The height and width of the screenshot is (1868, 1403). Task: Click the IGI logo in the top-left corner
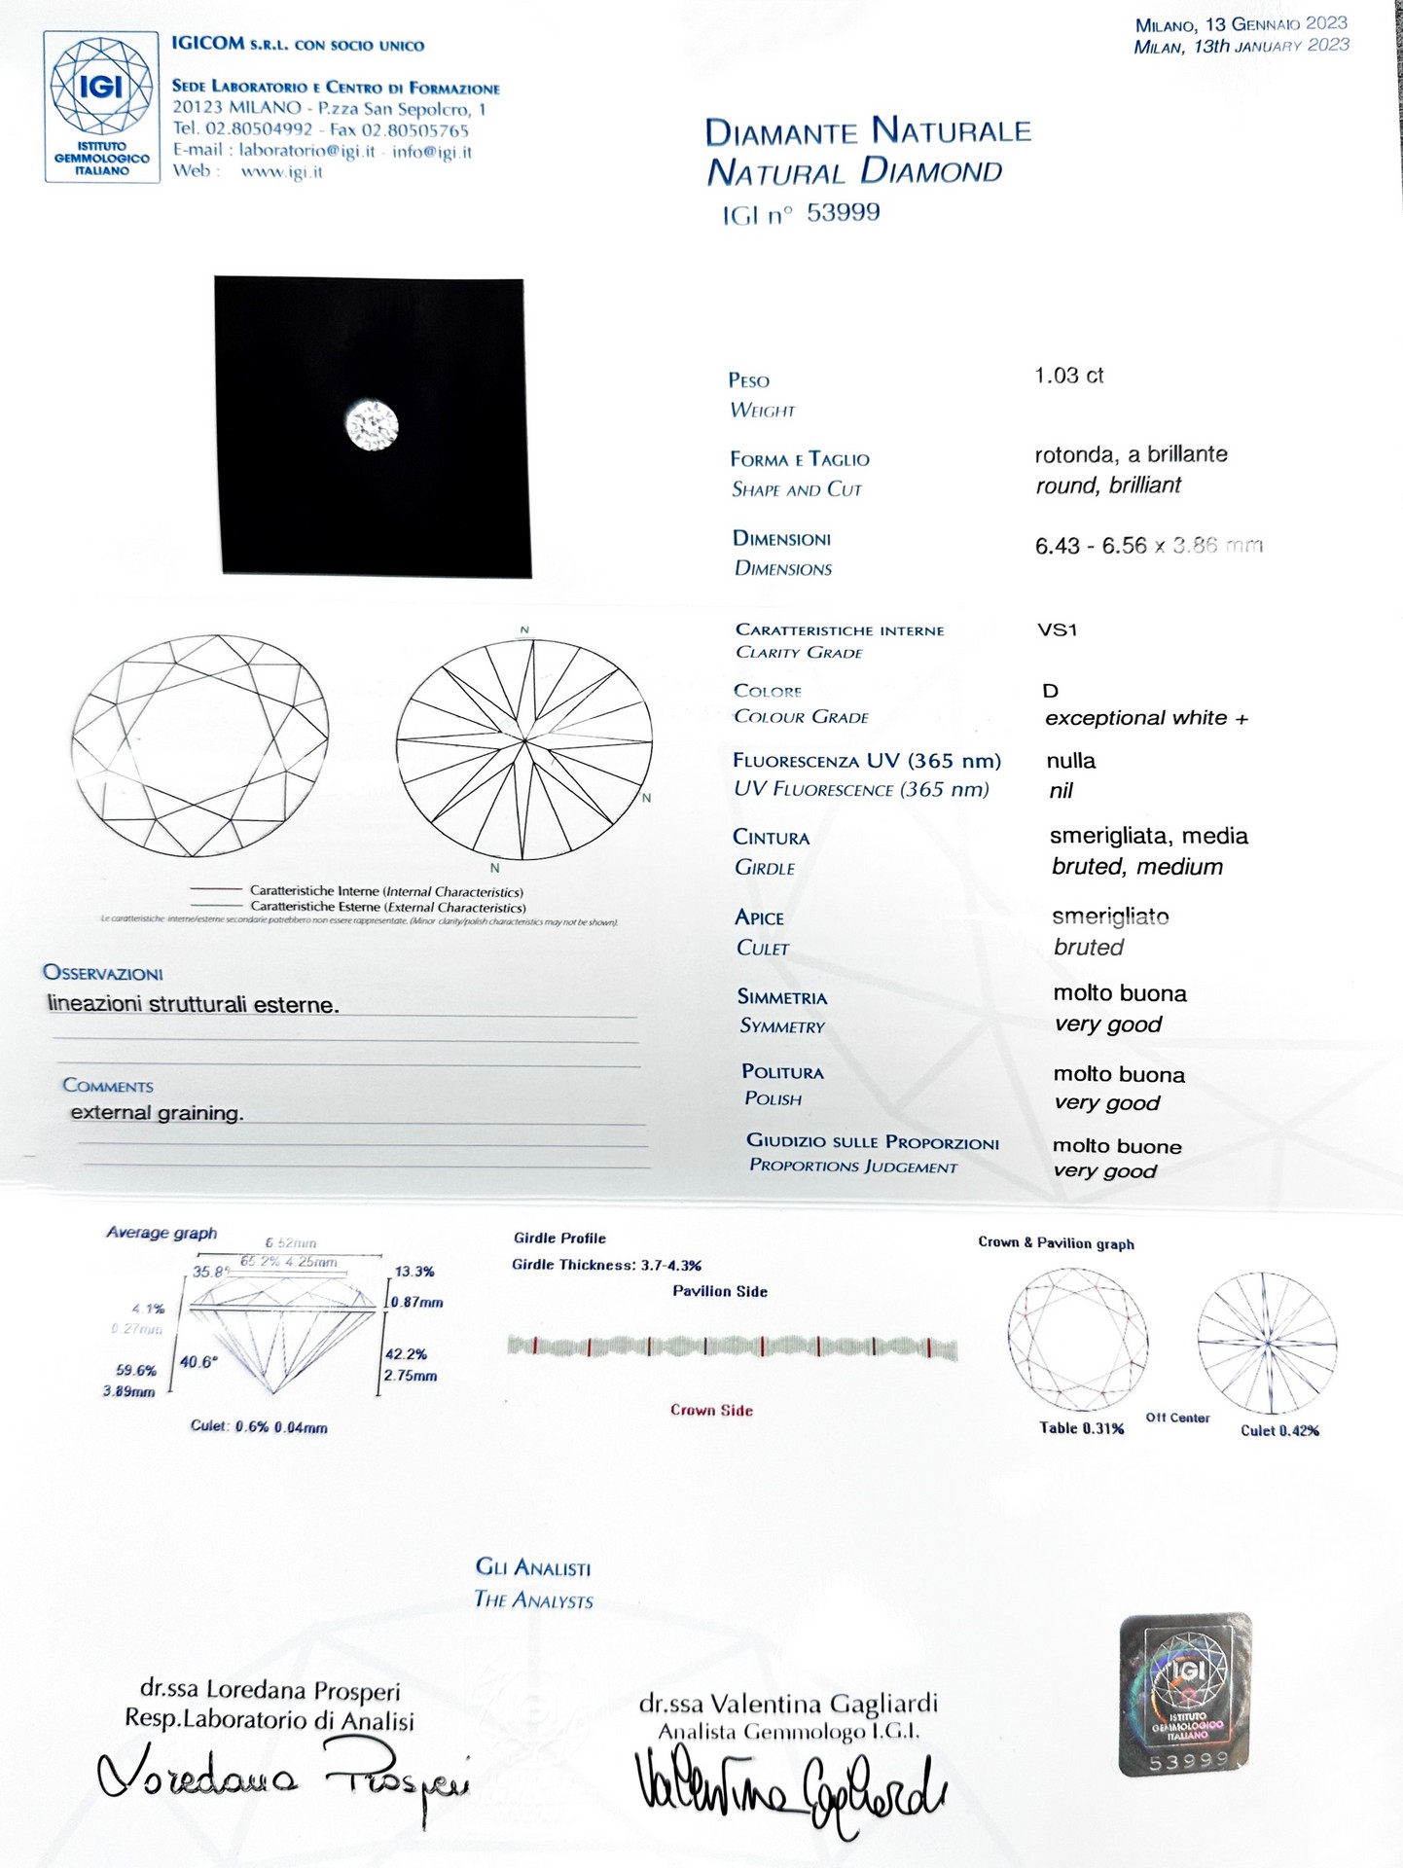pyautogui.click(x=101, y=106)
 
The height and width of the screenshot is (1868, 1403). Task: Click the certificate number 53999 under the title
pyautogui.click(x=843, y=212)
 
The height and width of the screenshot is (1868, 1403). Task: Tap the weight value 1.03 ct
pyautogui.click(x=1068, y=376)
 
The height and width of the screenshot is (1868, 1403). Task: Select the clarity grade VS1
pyautogui.click(x=1058, y=629)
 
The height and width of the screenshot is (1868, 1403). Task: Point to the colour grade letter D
pyautogui.click(x=1050, y=691)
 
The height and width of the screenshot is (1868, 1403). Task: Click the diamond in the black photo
pyautogui.click(x=372, y=426)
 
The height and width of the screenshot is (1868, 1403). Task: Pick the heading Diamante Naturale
pyautogui.click(x=867, y=130)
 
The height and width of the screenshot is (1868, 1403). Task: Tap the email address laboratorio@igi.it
pyautogui.click(x=306, y=151)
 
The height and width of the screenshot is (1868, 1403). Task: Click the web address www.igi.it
pyautogui.click(x=281, y=172)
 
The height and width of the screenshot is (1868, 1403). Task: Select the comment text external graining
pyautogui.click(x=157, y=1112)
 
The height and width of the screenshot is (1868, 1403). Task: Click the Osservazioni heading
pyautogui.click(x=103, y=973)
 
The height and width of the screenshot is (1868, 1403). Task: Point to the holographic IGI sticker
pyautogui.click(x=1185, y=1694)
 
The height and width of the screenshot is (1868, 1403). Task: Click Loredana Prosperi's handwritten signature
pyautogui.click(x=282, y=1782)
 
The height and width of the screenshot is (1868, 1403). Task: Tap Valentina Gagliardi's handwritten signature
pyautogui.click(x=788, y=1790)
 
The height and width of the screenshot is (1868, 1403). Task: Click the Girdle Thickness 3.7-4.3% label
pyautogui.click(x=606, y=1265)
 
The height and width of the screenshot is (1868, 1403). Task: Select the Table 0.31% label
pyautogui.click(x=1081, y=1428)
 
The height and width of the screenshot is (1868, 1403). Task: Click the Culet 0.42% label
pyautogui.click(x=1279, y=1430)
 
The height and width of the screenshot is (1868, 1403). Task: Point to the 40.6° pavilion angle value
pyautogui.click(x=198, y=1362)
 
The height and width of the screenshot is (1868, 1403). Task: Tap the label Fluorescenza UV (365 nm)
pyautogui.click(x=866, y=761)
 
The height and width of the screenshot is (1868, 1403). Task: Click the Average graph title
pyautogui.click(x=162, y=1233)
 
